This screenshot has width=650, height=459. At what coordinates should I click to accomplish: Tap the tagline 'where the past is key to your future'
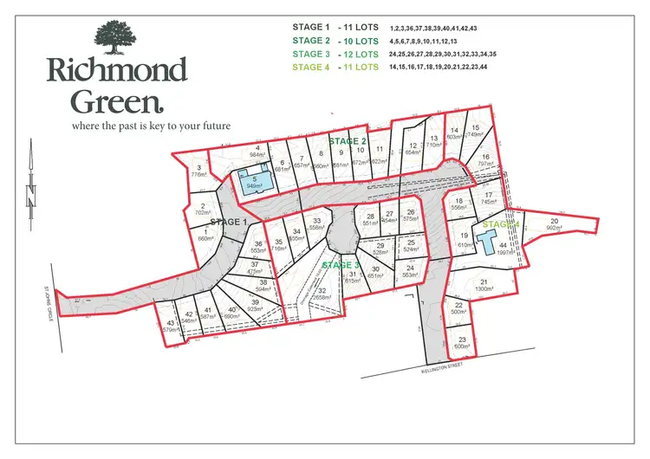[139, 126]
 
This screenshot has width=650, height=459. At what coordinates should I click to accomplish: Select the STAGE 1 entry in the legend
[318, 28]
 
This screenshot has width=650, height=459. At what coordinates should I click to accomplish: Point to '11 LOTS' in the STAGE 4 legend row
[361, 67]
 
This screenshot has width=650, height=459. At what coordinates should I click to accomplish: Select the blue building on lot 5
[255, 184]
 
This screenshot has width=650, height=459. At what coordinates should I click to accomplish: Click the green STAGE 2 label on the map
[349, 140]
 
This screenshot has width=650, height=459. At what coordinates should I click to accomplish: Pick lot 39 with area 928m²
[256, 304]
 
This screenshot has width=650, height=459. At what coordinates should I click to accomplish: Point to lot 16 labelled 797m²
[486, 160]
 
